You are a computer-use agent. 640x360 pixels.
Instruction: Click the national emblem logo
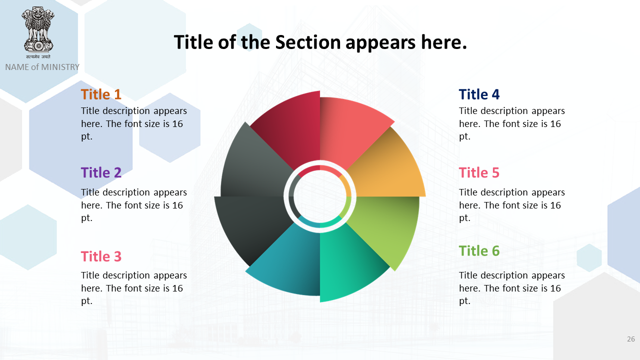tap(38, 32)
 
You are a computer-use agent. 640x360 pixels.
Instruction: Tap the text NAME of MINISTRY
tap(42, 67)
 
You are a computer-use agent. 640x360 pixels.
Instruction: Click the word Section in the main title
tap(307, 42)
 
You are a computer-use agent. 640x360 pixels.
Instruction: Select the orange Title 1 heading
tap(101, 94)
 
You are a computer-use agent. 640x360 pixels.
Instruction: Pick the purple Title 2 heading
tap(101, 172)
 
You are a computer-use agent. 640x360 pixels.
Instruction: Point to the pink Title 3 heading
tap(101, 256)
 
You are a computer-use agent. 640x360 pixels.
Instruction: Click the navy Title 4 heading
tap(479, 94)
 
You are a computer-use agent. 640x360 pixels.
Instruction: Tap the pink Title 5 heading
tap(479, 172)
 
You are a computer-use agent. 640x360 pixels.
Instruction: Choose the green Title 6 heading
tap(479, 251)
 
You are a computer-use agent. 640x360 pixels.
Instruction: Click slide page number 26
tap(631, 339)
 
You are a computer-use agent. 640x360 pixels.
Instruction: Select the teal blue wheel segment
tap(288, 263)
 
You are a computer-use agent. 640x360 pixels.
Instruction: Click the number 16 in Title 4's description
tap(555, 123)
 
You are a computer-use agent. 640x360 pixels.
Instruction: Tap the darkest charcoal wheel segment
tap(254, 225)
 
